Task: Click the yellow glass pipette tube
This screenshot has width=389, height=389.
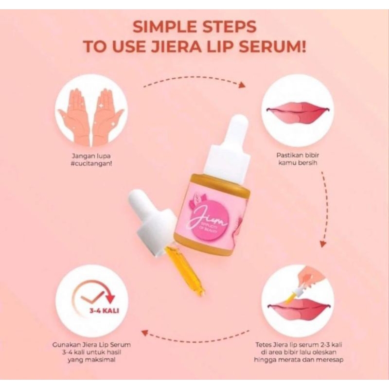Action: [185, 270]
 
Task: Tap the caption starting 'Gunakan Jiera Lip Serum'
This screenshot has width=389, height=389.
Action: [91, 353]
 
